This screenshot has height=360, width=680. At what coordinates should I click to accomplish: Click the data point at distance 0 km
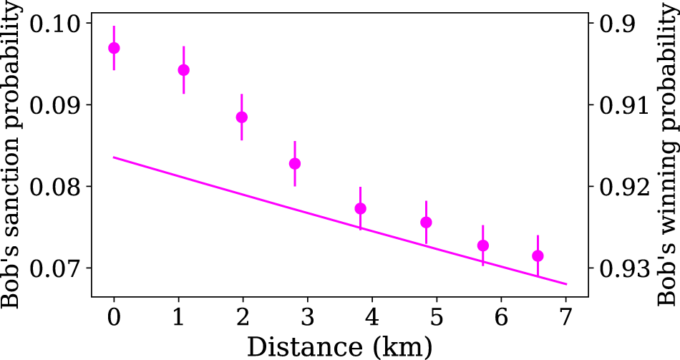click(x=114, y=48)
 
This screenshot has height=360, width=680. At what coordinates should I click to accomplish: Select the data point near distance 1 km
click(x=184, y=69)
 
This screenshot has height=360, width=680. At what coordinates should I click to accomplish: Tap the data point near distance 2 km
click(x=242, y=117)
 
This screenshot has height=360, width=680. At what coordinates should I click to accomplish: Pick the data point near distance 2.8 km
click(x=295, y=163)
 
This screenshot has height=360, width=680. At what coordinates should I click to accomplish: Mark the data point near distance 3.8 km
click(x=361, y=208)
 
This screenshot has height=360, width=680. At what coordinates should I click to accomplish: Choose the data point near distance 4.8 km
click(x=427, y=222)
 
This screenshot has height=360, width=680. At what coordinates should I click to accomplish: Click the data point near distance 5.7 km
click(x=483, y=245)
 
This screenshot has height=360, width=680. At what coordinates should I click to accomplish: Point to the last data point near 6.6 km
click(x=538, y=256)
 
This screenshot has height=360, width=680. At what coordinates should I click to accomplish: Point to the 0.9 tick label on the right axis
click(x=617, y=24)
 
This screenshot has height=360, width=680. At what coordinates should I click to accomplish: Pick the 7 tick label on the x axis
click(x=566, y=316)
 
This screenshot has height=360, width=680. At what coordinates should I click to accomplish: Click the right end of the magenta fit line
click(x=566, y=284)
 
